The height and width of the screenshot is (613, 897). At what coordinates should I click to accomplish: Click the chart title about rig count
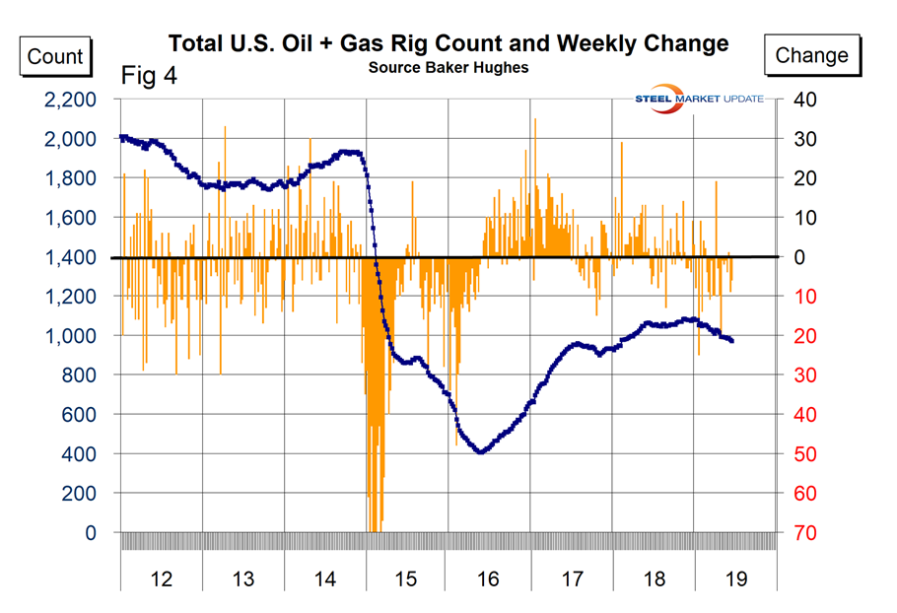point(448,44)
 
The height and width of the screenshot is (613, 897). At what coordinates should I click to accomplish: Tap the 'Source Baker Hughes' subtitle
point(448,67)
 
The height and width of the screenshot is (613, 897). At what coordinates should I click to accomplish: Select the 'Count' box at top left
point(55,55)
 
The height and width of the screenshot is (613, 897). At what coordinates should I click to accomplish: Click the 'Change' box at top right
point(811,55)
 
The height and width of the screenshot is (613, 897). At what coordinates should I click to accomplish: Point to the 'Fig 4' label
point(149,77)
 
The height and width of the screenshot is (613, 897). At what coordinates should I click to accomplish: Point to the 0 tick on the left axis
point(92,533)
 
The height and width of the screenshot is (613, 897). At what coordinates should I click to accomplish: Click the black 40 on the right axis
point(805,100)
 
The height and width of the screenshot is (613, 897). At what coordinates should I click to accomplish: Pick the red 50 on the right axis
point(805,454)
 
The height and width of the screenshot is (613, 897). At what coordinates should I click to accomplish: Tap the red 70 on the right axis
point(805,533)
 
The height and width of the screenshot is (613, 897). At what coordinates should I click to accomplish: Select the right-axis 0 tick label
point(799,257)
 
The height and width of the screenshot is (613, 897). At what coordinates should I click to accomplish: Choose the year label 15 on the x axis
point(406,579)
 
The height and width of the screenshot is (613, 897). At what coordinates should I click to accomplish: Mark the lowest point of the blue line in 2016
point(481,451)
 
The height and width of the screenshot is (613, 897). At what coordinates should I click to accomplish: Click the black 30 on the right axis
point(805,139)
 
